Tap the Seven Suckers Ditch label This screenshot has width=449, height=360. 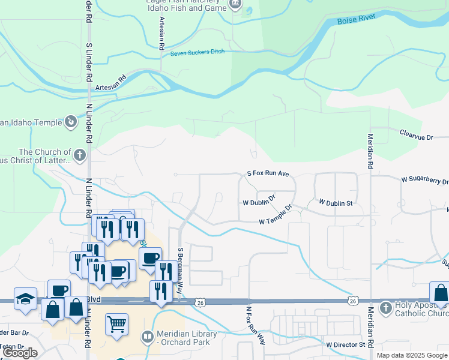tap(197, 52)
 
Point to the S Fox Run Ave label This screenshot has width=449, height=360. tap(268, 173)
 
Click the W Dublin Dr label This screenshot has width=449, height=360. tap(259, 200)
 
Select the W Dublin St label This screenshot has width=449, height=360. tap(336, 203)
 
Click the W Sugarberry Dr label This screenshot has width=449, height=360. tap(424, 179)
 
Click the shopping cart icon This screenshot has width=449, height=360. tap(116, 324)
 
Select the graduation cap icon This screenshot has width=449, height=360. tap(26, 298)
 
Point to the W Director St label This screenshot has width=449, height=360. tap(346, 345)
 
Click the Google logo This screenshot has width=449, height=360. tap(20, 353)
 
